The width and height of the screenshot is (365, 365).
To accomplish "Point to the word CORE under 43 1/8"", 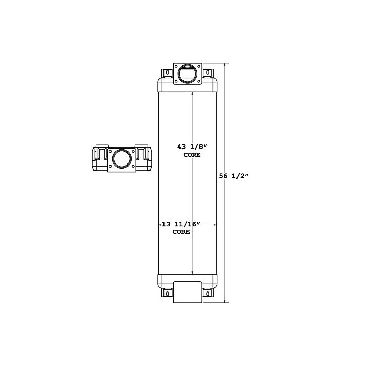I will (191, 155).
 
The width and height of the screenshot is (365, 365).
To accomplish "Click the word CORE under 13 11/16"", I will (181, 232).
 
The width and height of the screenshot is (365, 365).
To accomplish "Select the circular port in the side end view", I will (122, 158).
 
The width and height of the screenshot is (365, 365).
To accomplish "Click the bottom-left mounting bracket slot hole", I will (167, 294).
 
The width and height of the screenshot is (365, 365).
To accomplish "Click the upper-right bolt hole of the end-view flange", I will (132, 150).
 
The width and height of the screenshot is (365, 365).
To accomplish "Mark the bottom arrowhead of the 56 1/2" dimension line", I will (225, 302).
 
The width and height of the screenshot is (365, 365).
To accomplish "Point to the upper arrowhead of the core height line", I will (192, 95).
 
